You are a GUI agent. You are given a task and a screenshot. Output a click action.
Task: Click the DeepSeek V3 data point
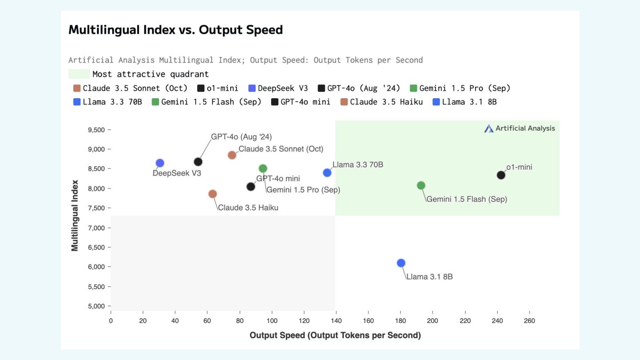point(160,163)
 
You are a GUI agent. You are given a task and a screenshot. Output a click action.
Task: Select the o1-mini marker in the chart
point(501,175)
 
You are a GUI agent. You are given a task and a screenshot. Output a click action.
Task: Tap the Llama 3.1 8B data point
point(401,263)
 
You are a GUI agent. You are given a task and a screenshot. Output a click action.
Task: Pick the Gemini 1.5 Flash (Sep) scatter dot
point(421,185)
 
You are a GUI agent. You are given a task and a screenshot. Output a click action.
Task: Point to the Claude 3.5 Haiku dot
point(212,194)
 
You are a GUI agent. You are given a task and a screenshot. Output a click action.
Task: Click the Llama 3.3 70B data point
point(327,172)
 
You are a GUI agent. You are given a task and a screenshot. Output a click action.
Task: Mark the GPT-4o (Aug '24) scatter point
point(198,162)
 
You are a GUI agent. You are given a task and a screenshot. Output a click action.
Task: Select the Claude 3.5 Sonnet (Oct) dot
point(232,155)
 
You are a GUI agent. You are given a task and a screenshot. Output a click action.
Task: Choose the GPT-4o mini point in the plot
point(251,187)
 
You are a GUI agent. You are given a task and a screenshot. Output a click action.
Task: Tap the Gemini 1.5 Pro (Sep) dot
point(263,168)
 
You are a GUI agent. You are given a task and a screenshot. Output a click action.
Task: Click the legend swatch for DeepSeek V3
point(252,88)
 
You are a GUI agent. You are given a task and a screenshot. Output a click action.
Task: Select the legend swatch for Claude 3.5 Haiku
point(344,102)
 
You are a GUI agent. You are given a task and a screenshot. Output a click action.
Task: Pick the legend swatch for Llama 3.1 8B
point(436,102)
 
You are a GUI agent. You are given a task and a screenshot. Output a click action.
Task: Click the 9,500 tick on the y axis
point(96,130)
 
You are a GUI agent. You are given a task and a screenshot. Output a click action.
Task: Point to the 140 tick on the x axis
point(336,321)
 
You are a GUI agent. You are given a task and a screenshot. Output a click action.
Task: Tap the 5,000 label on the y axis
point(96,306)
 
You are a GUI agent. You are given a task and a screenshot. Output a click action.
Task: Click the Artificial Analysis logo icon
point(489,128)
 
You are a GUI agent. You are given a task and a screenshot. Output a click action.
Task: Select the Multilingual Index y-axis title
point(75,216)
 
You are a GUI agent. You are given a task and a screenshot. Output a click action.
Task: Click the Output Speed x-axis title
point(335,335)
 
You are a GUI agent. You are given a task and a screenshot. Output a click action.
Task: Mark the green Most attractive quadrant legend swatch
point(79,74)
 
